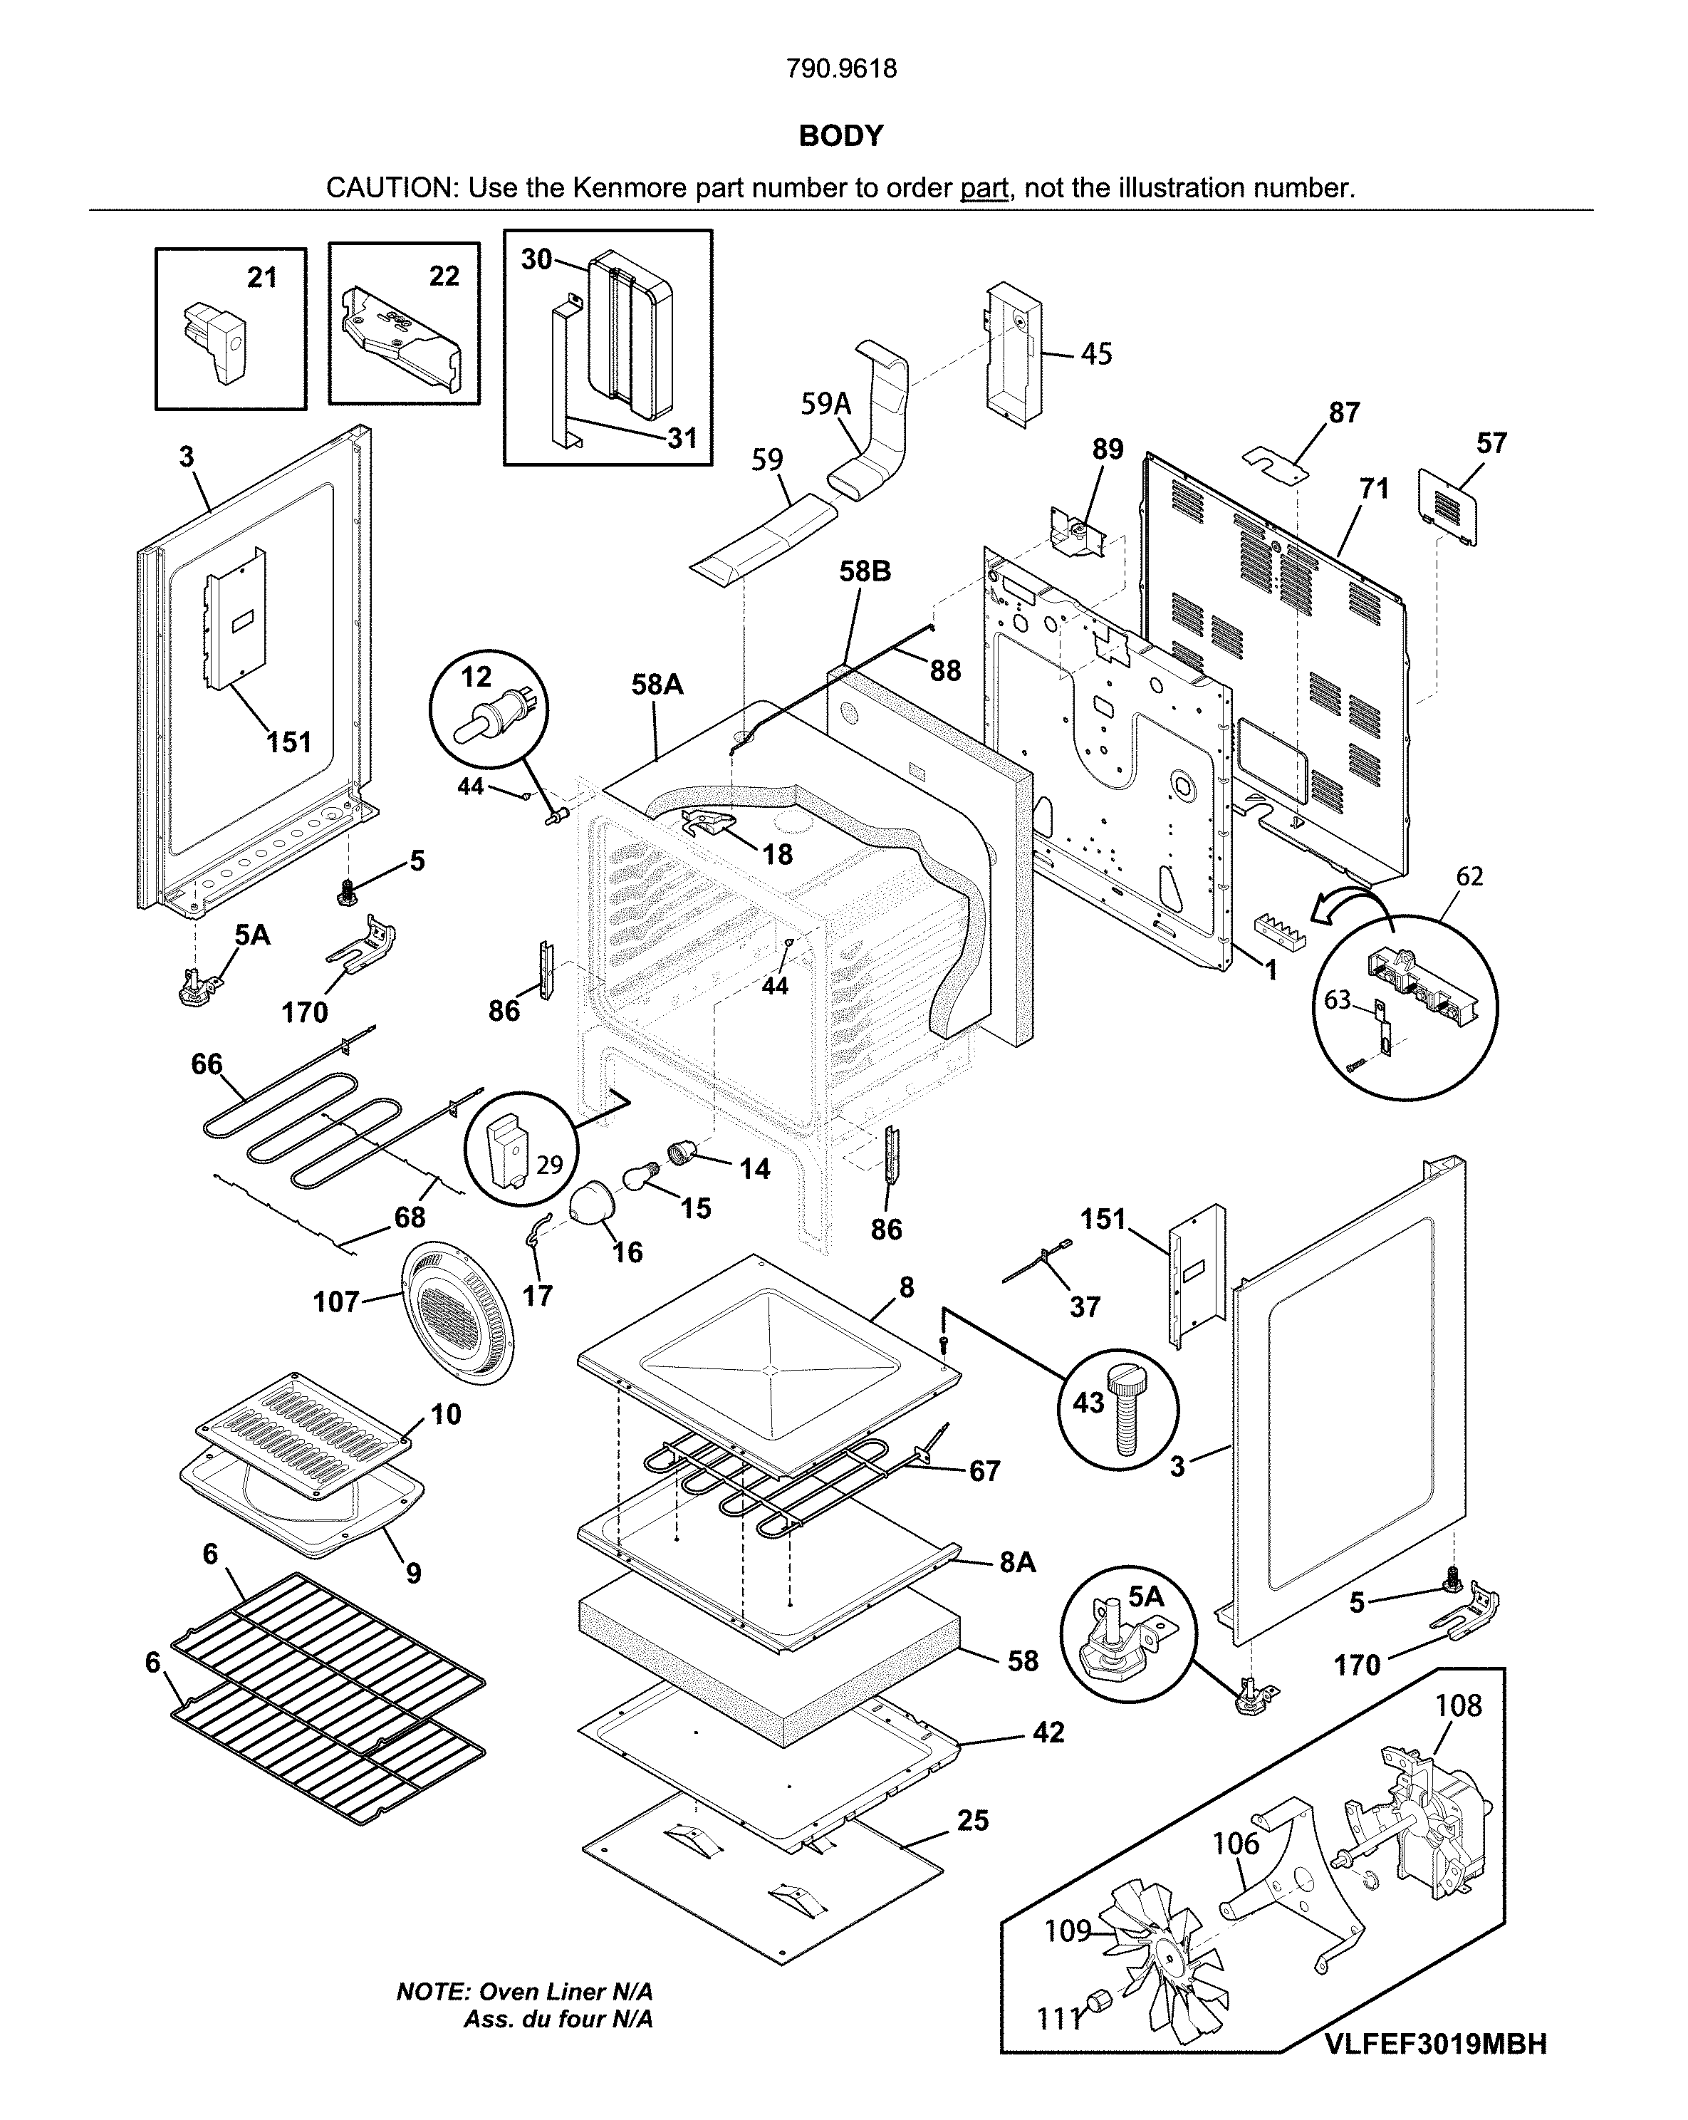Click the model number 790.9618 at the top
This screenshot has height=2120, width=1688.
tap(842, 69)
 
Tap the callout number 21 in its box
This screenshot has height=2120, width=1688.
tap(261, 279)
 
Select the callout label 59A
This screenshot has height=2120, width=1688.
tap(825, 404)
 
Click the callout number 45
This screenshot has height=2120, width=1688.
tap(1096, 354)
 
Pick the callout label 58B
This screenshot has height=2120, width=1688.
tap(865, 571)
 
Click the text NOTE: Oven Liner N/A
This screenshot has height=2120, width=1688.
tap(524, 1992)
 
